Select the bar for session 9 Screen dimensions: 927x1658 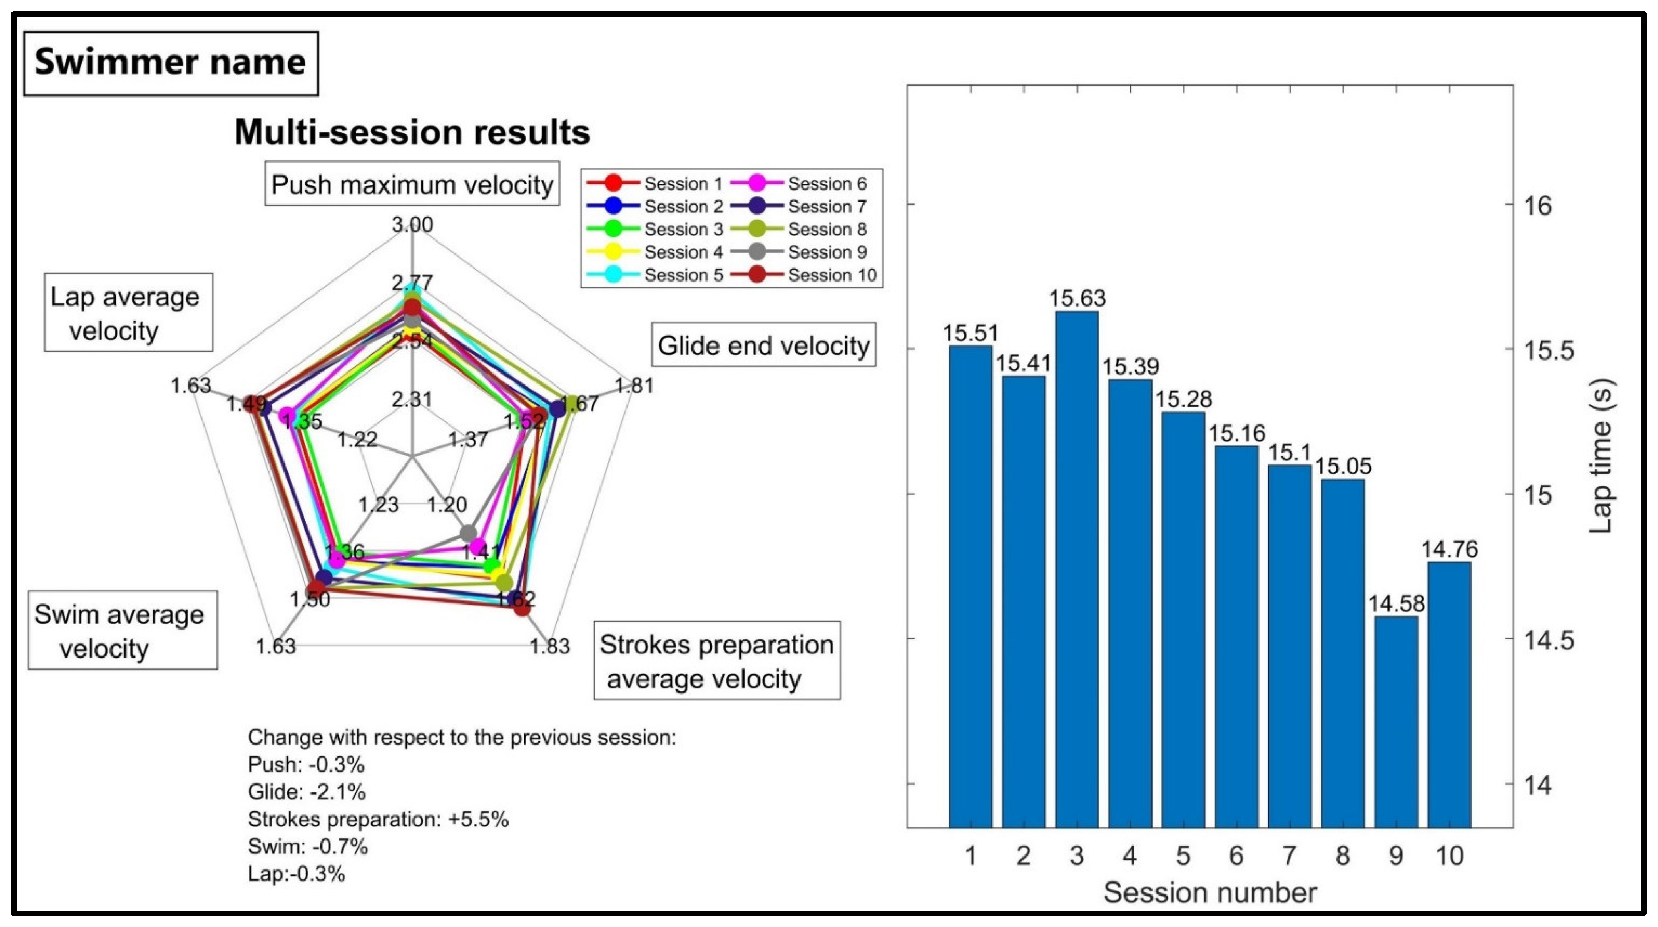(1396, 721)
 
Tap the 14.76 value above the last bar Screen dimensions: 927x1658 (1449, 549)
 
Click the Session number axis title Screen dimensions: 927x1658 (1210, 893)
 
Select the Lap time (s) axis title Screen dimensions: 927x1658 (1602, 457)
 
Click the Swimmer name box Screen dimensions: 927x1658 (170, 62)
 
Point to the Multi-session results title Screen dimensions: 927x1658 (412, 132)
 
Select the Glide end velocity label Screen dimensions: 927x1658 (764, 346)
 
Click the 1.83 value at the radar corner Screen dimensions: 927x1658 (549, 646)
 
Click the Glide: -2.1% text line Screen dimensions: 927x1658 (306, 792)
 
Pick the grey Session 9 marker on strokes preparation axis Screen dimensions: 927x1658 (468, 533)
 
